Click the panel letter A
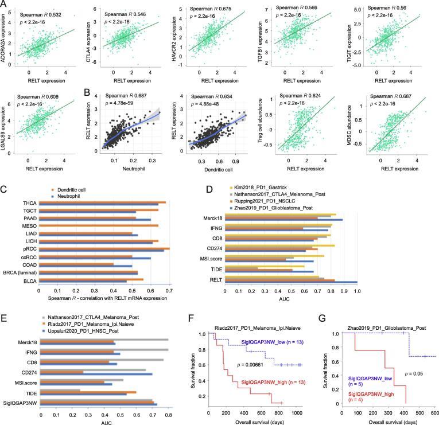pos(5,5)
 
